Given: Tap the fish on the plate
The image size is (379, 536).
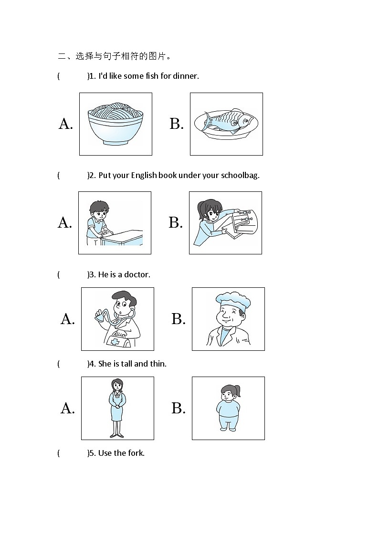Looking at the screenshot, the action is pos(229,121).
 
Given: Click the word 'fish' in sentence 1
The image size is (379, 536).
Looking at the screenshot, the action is pos(152,76).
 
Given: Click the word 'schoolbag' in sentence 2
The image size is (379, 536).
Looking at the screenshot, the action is pos(240,175).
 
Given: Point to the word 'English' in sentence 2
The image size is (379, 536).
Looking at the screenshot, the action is pos(144,175).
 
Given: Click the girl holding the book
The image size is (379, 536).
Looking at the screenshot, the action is pos(209,222).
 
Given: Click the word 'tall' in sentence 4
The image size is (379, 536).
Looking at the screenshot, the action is pos(126,364).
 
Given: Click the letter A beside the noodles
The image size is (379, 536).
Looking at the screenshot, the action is pos(65,124).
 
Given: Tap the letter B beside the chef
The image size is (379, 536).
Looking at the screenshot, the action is pos(179,319).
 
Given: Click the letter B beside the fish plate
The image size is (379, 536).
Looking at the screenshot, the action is pos(176,124).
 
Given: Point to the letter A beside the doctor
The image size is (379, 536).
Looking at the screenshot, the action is pos(67,319).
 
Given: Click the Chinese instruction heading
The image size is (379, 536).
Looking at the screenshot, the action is pos(115,56).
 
